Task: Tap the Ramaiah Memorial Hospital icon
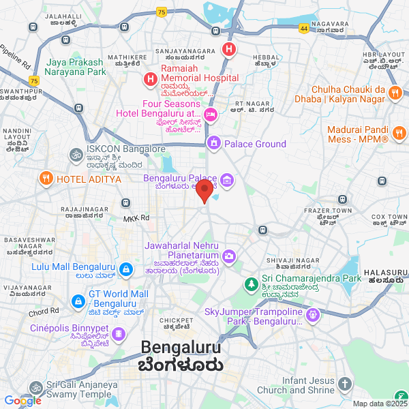click(x=150, y=80)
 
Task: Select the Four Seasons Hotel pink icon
click(x=211, y=113)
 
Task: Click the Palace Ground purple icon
click(x=214, y=143)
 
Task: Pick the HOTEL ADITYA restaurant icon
click(x=46, y=179)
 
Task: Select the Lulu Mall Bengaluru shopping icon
click(x=125, y=271)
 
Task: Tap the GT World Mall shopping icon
click(x=77, y=300)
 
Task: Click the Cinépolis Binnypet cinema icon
click(x=119, y=334)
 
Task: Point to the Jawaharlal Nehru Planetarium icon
click(x=229, y=256)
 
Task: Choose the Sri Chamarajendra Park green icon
click(x=252, y=282)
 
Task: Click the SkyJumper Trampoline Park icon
click(x=314, y=315)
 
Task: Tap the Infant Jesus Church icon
click(x=346, y=386)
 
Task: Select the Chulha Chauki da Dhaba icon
click(x=395, y=93)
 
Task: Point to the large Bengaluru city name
click(x=182, y=348)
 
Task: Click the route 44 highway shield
click(x=303, y=29)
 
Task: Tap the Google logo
click(x=23, y=401)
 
